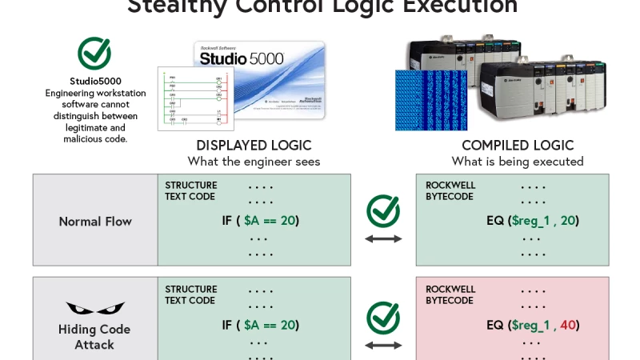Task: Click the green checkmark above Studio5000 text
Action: pos(94,53)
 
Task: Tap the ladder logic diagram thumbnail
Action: pos(196,98)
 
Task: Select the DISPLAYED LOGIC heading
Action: pos(254,146)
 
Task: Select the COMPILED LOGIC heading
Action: pos(518,146)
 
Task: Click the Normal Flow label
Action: pos(95,221)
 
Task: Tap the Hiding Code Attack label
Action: pos(94,337)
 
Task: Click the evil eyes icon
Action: pos(95,309)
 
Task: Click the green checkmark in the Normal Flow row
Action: pos(383,211)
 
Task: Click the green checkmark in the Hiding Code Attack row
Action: pos(383,318)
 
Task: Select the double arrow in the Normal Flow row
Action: pos(383,238)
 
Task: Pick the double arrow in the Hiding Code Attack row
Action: pos(383,345)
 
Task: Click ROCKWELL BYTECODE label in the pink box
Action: pos(450,294)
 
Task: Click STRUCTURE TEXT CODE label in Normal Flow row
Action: pos(190,190)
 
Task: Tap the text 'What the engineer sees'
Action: pos(254,162)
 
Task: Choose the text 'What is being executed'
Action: pos(518,162)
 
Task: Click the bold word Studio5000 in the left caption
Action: pos(94,82)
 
